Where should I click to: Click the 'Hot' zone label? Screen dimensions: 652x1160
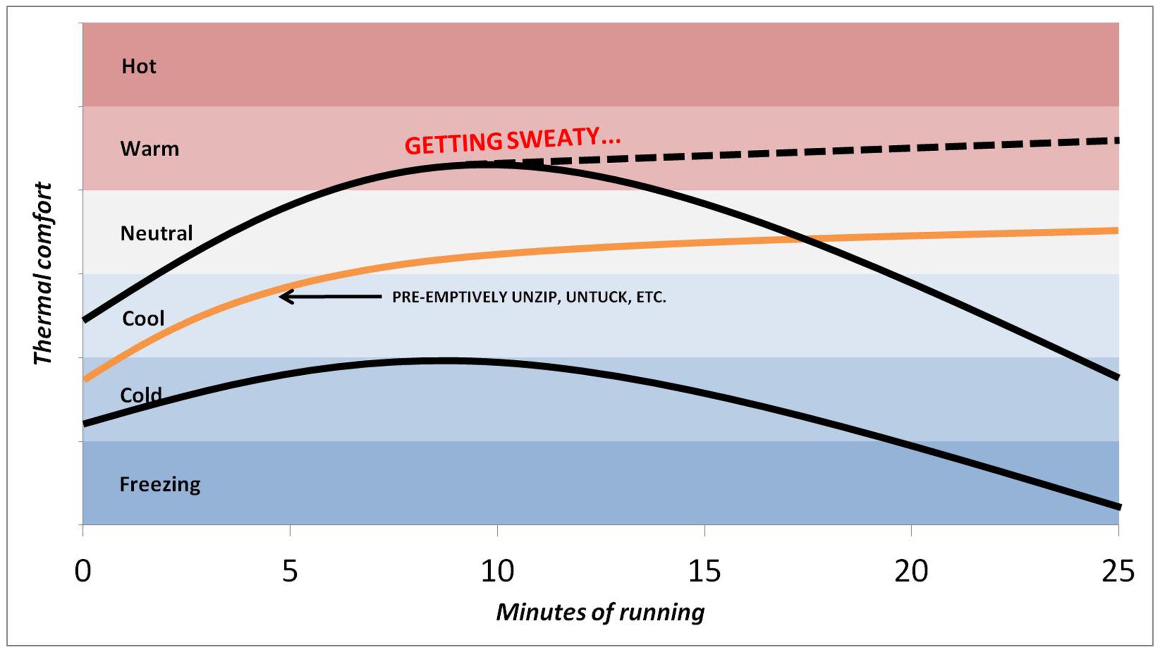pyautogui.click(x=139, y=66)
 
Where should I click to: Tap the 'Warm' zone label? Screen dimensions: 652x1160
pyautogui.click(x=149, y=149)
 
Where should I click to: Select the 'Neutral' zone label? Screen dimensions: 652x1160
pyautogui.click(x=156, y=233)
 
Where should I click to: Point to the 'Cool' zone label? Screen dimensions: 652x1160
pyautogui.click(x=143, y=318)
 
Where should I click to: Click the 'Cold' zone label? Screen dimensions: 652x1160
pyautogui.click(x=141, y=396)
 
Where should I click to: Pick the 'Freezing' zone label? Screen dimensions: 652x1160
pyautogui.click(x=159, y=484)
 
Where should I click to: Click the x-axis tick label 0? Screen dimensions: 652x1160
pyautogui.click(x=83, y=571)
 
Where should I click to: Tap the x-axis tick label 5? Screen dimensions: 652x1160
pyautogui.click(x=290, y=571)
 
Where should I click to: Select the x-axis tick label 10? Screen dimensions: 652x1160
pyautogui.click(x=497, y=571)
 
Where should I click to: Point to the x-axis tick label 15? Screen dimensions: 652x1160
pyautogui.click(x=704, y=571)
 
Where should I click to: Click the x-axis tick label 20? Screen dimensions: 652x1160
pyautogui.click(x=911, y=571)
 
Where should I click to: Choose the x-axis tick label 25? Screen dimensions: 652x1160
pyautogui.click(x=1118, y=571)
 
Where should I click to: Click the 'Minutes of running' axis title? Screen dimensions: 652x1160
pyautogui.click(x=600, y=612)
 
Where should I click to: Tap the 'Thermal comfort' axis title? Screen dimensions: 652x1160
pyautogui.click(x=42, y=273)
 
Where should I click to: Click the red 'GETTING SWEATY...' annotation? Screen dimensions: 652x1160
pyautogui.click(x=512, y=141)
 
